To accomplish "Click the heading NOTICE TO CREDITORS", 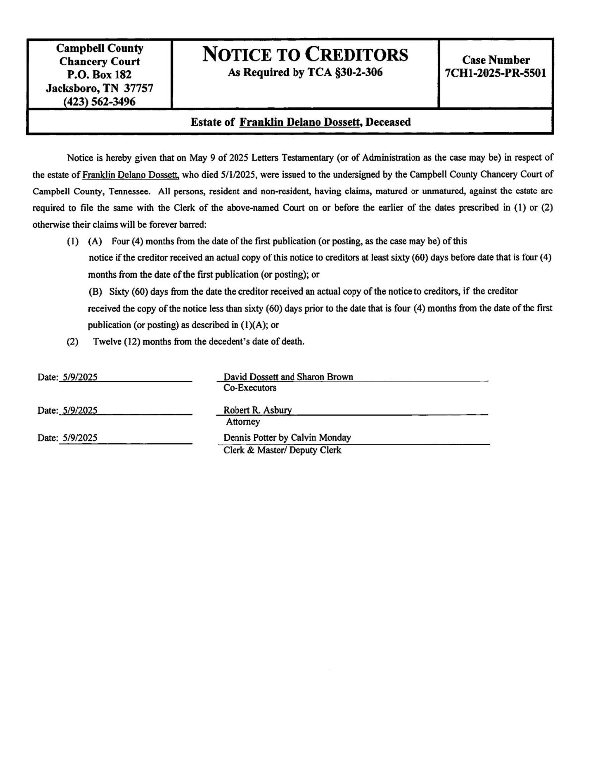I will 305,54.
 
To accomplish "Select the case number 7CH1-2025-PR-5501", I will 496,73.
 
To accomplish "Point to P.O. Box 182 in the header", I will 100,75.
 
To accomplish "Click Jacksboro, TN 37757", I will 100,88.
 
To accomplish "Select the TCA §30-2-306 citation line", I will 305,73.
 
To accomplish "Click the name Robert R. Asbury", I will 257,410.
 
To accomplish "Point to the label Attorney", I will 243,422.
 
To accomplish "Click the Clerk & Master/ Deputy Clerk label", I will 282,450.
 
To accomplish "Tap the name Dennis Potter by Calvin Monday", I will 287,438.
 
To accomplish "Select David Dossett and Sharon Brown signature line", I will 288,377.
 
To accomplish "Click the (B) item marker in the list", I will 95,291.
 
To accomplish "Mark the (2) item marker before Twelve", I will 72,342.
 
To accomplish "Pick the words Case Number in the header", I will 496,60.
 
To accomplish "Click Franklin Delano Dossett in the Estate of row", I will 300,122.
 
